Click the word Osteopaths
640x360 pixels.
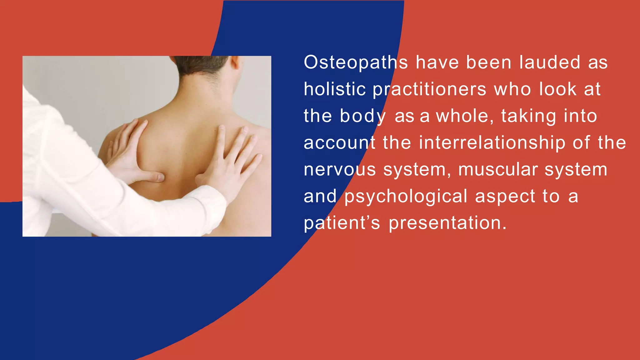coord(356,62)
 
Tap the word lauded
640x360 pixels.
coord(550,62)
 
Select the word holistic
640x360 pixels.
coord(335,89)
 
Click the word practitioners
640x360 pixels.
coord(430,89)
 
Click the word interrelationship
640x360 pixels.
coord(492,143)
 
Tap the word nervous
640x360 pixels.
coord(340,170)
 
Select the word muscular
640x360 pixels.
coord(498,170)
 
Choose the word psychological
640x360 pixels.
coord(406,197)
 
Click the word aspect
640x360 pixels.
coord(505,197)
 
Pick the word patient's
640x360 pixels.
coord(342,223)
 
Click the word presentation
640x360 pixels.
coord(447,223)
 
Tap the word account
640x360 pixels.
coord(339,143)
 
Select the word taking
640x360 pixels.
coord(529,117)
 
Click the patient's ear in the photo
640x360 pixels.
coord(235,62)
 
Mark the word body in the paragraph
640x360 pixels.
coord(363,117)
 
